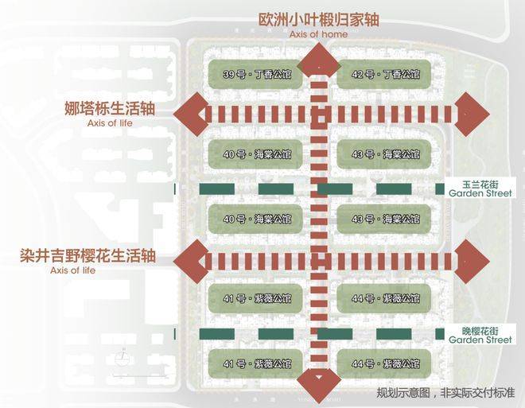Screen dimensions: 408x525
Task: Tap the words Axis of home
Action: click(x=317, y=34)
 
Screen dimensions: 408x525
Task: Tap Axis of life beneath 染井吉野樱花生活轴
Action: click(x=72, y=271)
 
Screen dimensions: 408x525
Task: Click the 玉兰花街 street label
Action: click(x=476, y=182)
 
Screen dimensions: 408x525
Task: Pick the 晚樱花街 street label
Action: click(x=476, y=329)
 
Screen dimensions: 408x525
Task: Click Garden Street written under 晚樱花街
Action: click(x=480, y=340)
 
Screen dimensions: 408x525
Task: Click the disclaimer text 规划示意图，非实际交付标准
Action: click(x=445, y=392)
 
